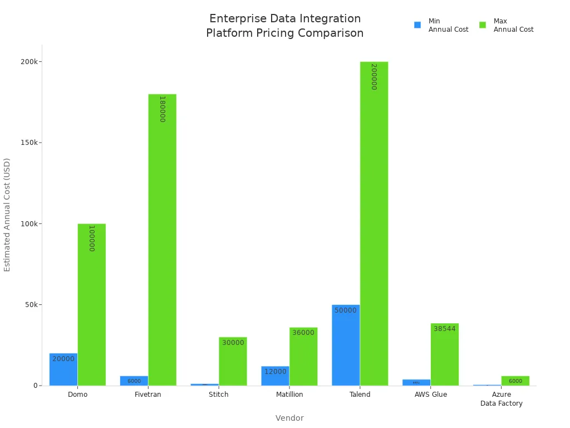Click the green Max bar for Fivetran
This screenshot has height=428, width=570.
[x=162, y=240]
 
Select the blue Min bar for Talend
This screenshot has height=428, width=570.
[x=346, y=345]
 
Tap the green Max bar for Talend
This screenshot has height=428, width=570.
[x=374, y=223]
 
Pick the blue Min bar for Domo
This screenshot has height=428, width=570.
[x=63, y=369]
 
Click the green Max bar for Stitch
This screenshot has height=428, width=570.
[x=233, y=361]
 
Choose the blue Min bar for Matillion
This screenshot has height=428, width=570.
[x=275, y=376]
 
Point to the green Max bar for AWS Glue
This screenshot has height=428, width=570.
[x=444, y=354]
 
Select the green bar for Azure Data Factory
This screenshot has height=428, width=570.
[x=515, y=381]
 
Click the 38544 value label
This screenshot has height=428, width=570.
[x=444, y=329]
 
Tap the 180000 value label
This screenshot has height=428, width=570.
[x=162, y=109]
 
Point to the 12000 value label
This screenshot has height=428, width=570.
[x=275, y=372]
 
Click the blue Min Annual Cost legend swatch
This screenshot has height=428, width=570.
[x=417, y=25]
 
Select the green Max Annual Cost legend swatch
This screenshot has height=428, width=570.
[x=483, y=25]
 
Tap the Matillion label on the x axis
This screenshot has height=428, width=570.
[x=289, y=395]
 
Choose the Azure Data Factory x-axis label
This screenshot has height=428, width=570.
[x=502, y=399]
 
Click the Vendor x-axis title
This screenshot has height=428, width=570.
[x=289, y=418]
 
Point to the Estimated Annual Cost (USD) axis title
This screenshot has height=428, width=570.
[x=7, y=215]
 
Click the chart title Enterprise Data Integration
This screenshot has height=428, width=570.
[x=285, y=19]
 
